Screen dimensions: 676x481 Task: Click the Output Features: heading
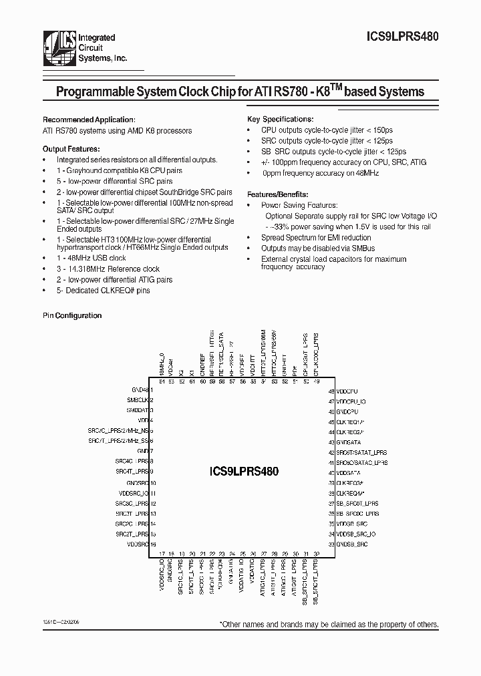pos(71,149)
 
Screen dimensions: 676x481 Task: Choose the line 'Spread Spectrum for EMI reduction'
pos(315,238)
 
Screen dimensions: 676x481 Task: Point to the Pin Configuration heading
pos(72,315)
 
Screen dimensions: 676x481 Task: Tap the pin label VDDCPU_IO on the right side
pos(351,401)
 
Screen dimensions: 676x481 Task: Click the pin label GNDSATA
pos(349,442)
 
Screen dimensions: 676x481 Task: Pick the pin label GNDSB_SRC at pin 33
pos(351,544)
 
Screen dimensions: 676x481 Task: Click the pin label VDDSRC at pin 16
pos(136,544)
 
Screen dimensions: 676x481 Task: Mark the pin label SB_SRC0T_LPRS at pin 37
pos(357,504)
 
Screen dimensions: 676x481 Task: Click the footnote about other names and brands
pos(329,624)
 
